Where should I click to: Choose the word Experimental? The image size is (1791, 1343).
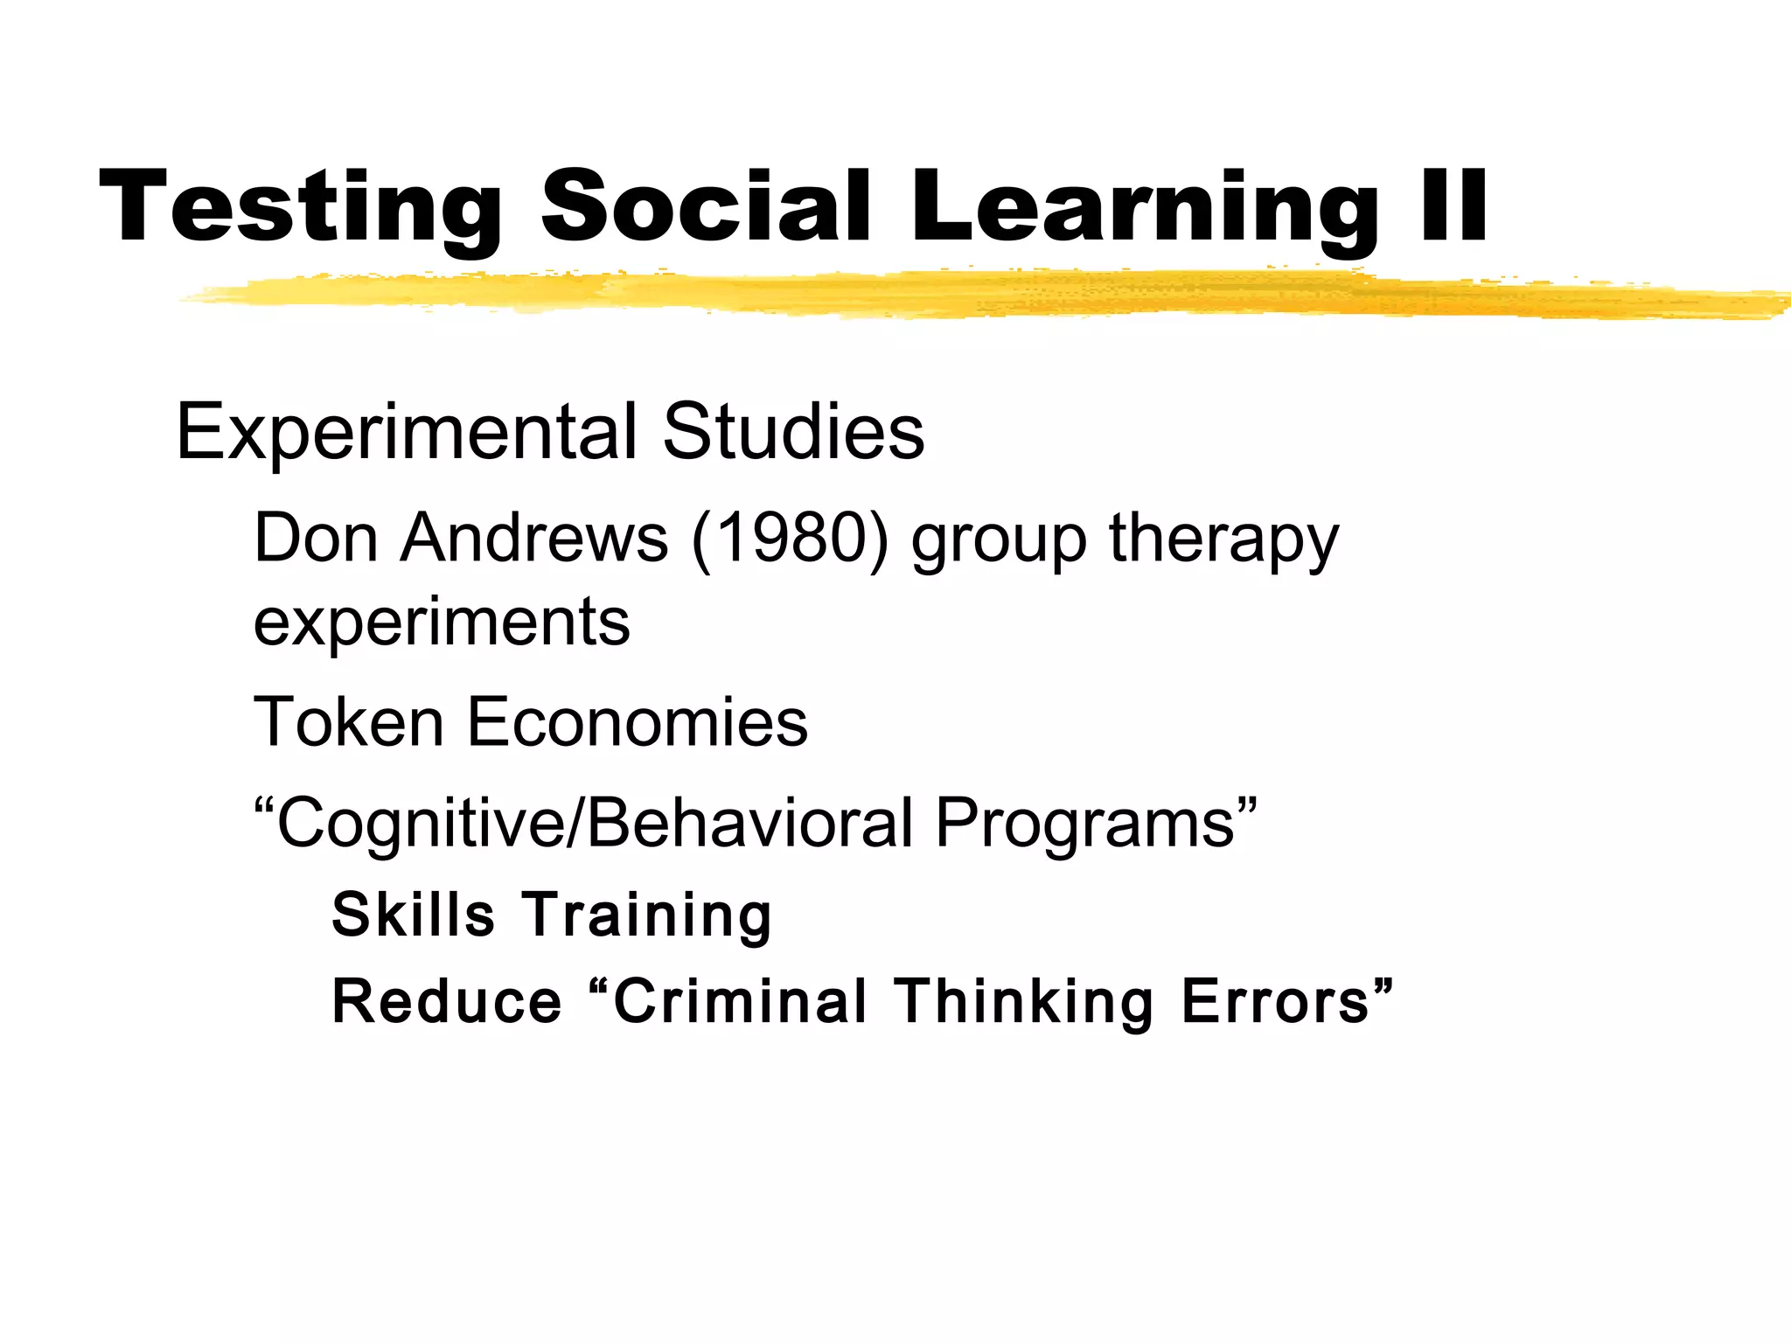coord(407,432)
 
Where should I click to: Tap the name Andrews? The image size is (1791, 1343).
coord(534,538)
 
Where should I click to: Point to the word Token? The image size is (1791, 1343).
coord(349,722)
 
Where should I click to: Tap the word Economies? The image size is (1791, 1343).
coord(638,722)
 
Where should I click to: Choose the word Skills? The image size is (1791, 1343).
coord(414,915)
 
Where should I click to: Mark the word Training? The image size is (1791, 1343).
coord(647,916)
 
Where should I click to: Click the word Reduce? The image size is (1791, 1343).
coord(447,1001)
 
